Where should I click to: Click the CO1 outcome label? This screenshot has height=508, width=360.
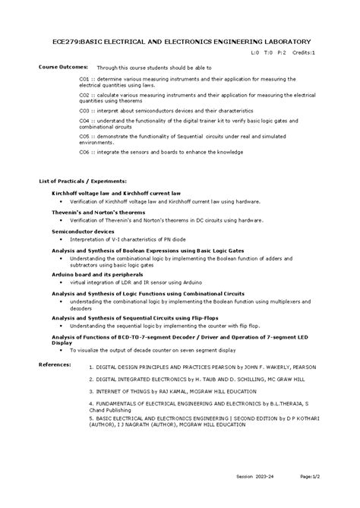coord(85,78)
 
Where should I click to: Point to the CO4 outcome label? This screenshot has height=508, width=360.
coord(85,120)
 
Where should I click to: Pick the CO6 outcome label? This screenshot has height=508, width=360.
coord(85,152)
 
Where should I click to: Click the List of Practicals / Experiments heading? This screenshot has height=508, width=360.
coord(87,182)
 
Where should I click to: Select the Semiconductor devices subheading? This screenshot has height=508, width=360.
coord(82,230)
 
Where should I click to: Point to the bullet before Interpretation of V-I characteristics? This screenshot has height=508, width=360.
coord(71,239)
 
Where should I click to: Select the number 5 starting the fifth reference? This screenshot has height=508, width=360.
coord(90,418)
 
